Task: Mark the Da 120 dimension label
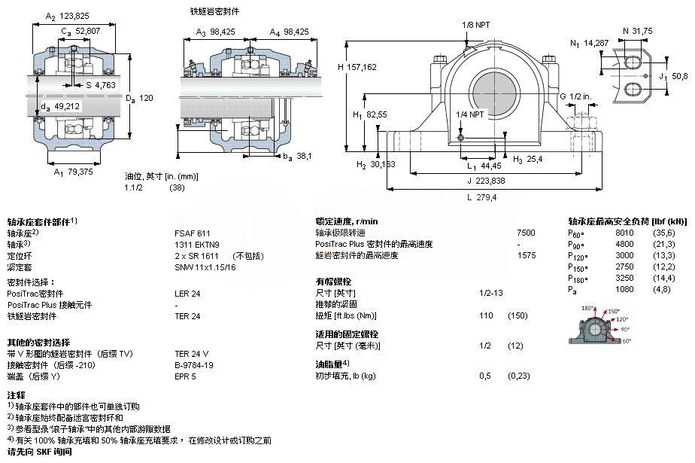tap(139, 98)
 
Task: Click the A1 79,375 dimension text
tap(74, 172)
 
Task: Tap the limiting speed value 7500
tap(527, 233)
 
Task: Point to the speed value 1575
tap(527, 256)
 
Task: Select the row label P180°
tap(578, 279)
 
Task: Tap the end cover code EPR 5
tap(185, 376)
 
